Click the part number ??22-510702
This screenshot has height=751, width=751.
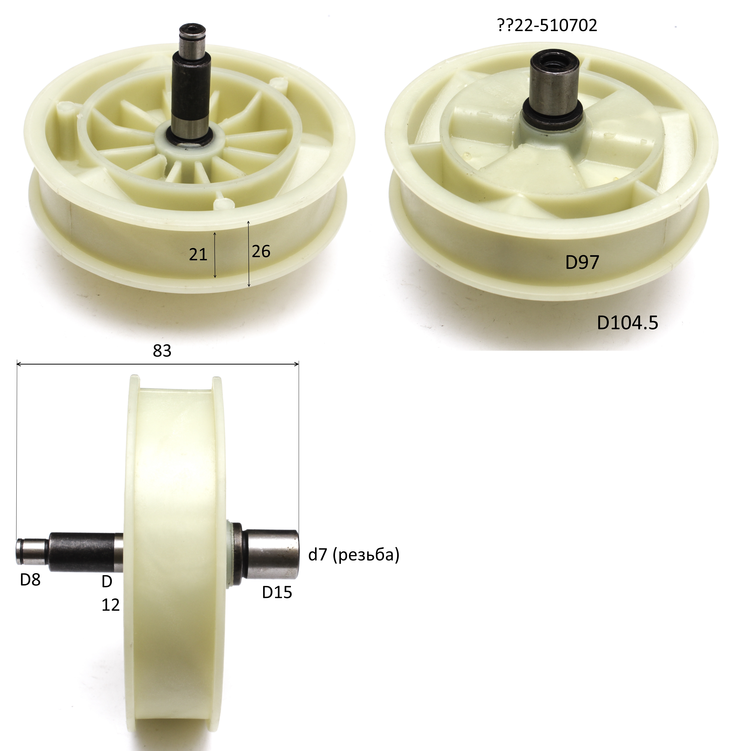coord(547,25)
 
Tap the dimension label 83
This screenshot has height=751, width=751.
coord(162,351)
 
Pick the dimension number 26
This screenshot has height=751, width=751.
coord(261,251)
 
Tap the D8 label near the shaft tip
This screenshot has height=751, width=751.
coord(30,580)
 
